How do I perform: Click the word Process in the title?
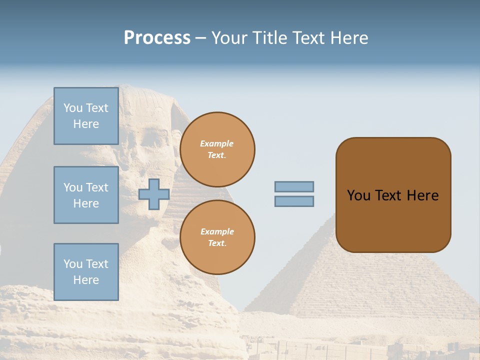coord(157,38)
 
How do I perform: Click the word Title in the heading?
coord(268,38)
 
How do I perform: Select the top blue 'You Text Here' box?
coord(86,116)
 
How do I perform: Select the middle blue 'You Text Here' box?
coord(86,195)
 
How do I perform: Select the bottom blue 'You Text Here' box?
coord(86,272)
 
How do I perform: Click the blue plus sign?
coord(154,194)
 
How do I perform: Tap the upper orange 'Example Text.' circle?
coord(217,149)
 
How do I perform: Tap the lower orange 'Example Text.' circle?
coord(217,237)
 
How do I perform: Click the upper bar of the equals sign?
coord(294,186)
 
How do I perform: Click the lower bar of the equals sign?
coord(294,201)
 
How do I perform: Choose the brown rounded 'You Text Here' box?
coord(393,195)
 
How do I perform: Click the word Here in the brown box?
coord(422,195)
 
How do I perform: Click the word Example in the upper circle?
coord(217,143)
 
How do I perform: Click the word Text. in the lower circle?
coord(217,243)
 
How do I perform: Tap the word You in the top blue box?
coord(73,108)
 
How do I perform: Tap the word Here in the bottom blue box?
coord(86,280)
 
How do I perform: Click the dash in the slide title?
coord(200,38)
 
